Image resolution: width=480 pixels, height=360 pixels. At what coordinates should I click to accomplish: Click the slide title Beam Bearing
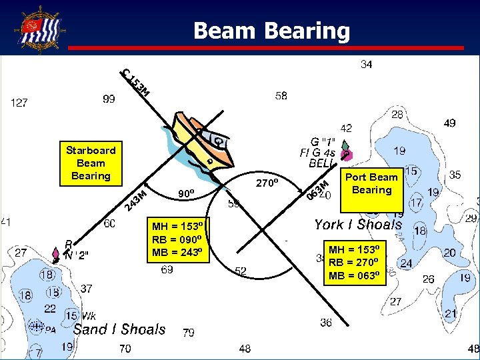(x=271, y=31)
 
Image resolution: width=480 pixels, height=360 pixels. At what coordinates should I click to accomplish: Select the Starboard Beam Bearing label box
(x=91, y=163)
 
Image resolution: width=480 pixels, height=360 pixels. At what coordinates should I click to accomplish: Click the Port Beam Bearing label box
(x=371, y=183)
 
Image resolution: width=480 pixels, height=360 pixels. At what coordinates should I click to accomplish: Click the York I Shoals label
(x=358, y=225)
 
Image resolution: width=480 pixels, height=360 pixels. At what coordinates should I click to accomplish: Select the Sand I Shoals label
(x=119, y=329)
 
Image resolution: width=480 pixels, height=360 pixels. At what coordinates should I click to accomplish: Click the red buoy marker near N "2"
(x=55, y=254)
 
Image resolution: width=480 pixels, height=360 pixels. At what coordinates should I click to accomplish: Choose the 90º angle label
(x=186, y=194)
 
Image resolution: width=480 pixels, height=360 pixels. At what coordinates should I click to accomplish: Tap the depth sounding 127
(x=19, y=103)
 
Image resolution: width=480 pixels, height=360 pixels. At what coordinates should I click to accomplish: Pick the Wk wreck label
(x=89, y=315)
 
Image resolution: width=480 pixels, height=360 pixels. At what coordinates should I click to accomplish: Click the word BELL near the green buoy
(x=320, y=163)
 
